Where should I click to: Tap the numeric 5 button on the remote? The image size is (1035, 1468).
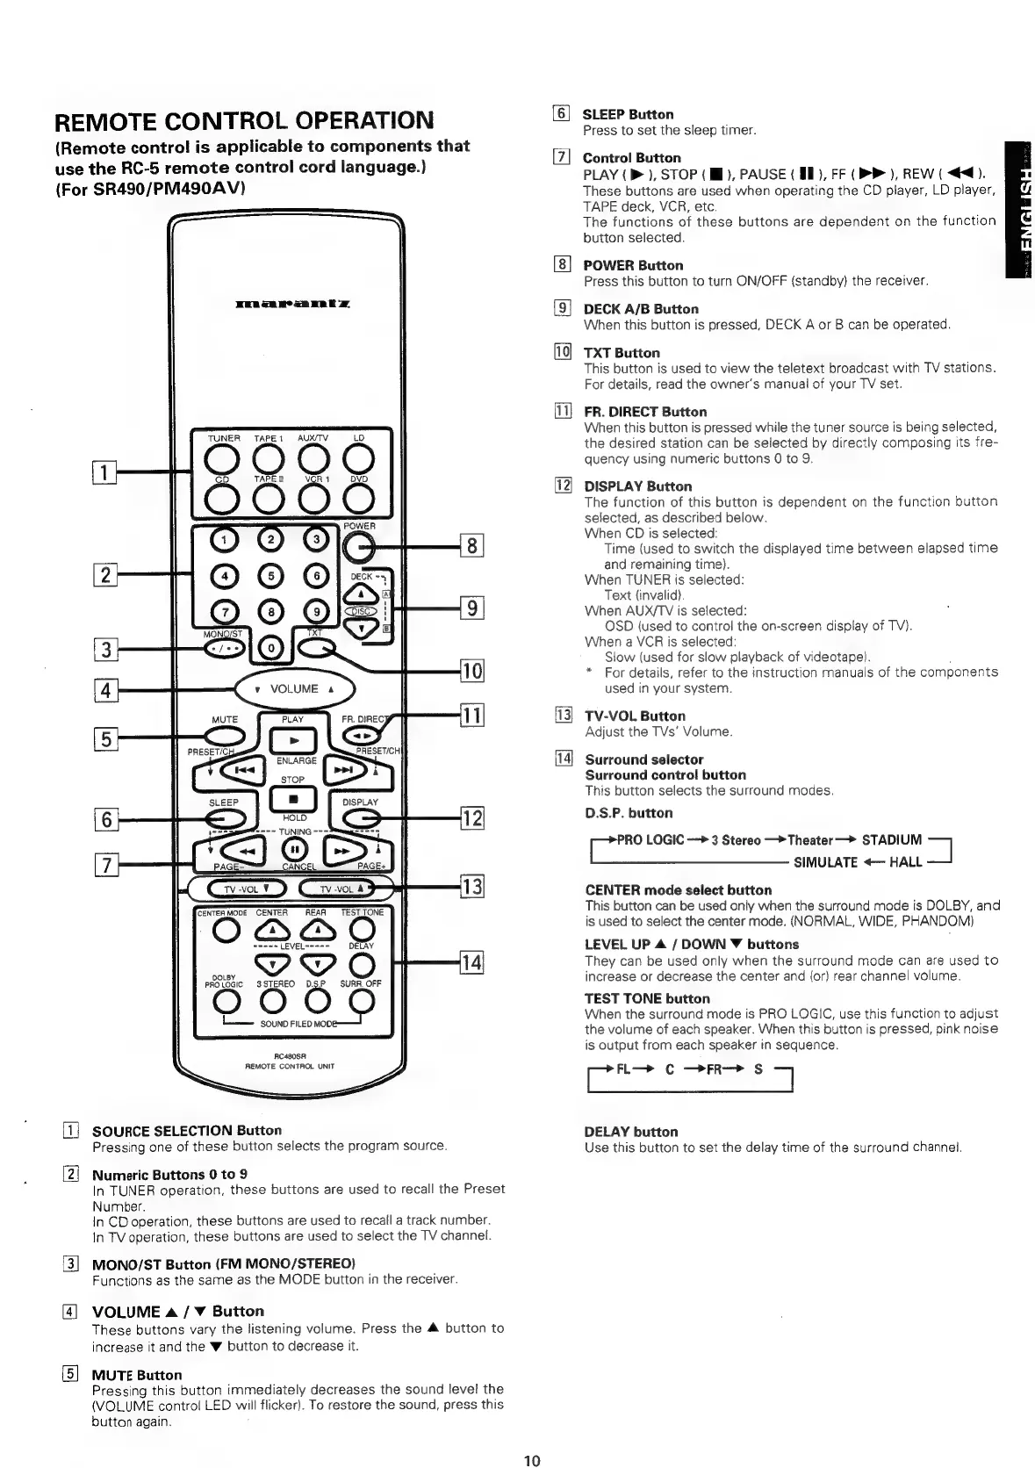coord(271,576)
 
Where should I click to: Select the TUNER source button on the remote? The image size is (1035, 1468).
coord(224,458)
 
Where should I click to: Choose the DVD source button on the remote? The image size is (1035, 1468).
coord(358,498)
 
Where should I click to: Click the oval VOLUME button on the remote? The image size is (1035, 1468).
coord(294,688)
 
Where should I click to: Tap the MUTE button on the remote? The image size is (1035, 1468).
coord(225,734)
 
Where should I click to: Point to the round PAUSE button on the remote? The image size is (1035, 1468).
coord(293,849)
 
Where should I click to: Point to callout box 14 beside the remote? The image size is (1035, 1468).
coord(471,961)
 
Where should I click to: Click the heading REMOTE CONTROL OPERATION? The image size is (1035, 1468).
coord(244,120)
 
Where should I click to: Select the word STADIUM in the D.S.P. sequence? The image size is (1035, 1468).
coord(892,839)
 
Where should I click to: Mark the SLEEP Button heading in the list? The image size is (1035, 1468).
coord(629,114)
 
